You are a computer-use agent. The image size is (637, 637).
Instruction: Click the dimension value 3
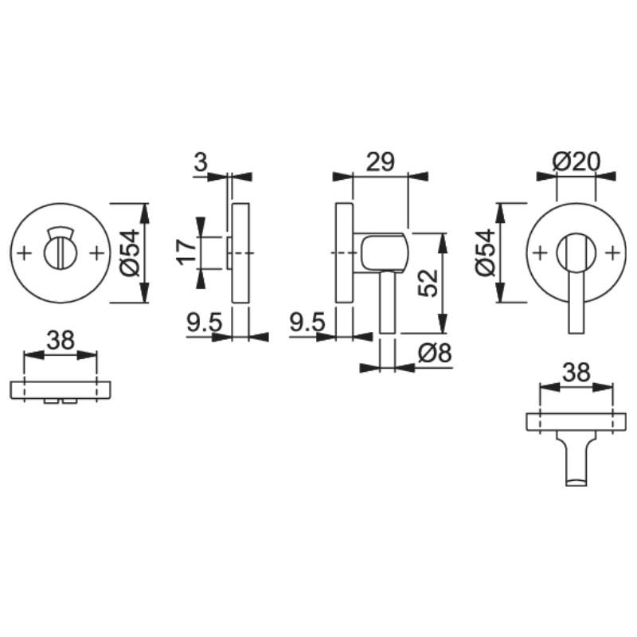(201, 162)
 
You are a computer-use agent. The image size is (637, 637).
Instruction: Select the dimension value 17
(186, 252)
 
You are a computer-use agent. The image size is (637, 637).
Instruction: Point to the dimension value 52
(429, 282)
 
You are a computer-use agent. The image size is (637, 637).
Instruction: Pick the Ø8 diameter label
(435, 354)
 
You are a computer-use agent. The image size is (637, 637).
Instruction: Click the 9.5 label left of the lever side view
(307, 322)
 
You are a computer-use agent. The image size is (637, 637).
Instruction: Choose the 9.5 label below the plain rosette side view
(204, 322)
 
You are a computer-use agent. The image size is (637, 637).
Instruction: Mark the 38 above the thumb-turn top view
(60, 340)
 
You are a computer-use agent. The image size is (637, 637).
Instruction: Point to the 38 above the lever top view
(576, 372)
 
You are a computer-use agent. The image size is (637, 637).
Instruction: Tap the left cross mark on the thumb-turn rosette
(24, 253)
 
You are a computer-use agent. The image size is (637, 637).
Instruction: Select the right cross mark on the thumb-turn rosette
(97, 253)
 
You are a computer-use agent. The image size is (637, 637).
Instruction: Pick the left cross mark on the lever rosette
(540, 253)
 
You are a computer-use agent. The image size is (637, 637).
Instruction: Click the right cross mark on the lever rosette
(613, 253)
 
